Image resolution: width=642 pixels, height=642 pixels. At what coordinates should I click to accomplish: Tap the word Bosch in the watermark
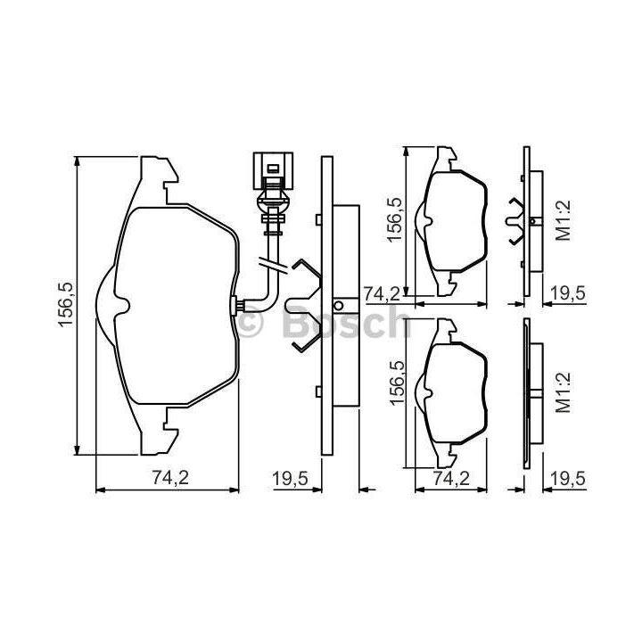346,323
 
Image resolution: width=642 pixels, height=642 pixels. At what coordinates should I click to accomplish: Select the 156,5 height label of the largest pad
65,305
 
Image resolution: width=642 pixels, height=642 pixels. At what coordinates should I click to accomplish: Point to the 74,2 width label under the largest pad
170,478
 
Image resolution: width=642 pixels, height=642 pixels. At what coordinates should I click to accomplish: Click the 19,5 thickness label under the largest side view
291,478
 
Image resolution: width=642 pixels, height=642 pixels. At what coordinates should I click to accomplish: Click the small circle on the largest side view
339,306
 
